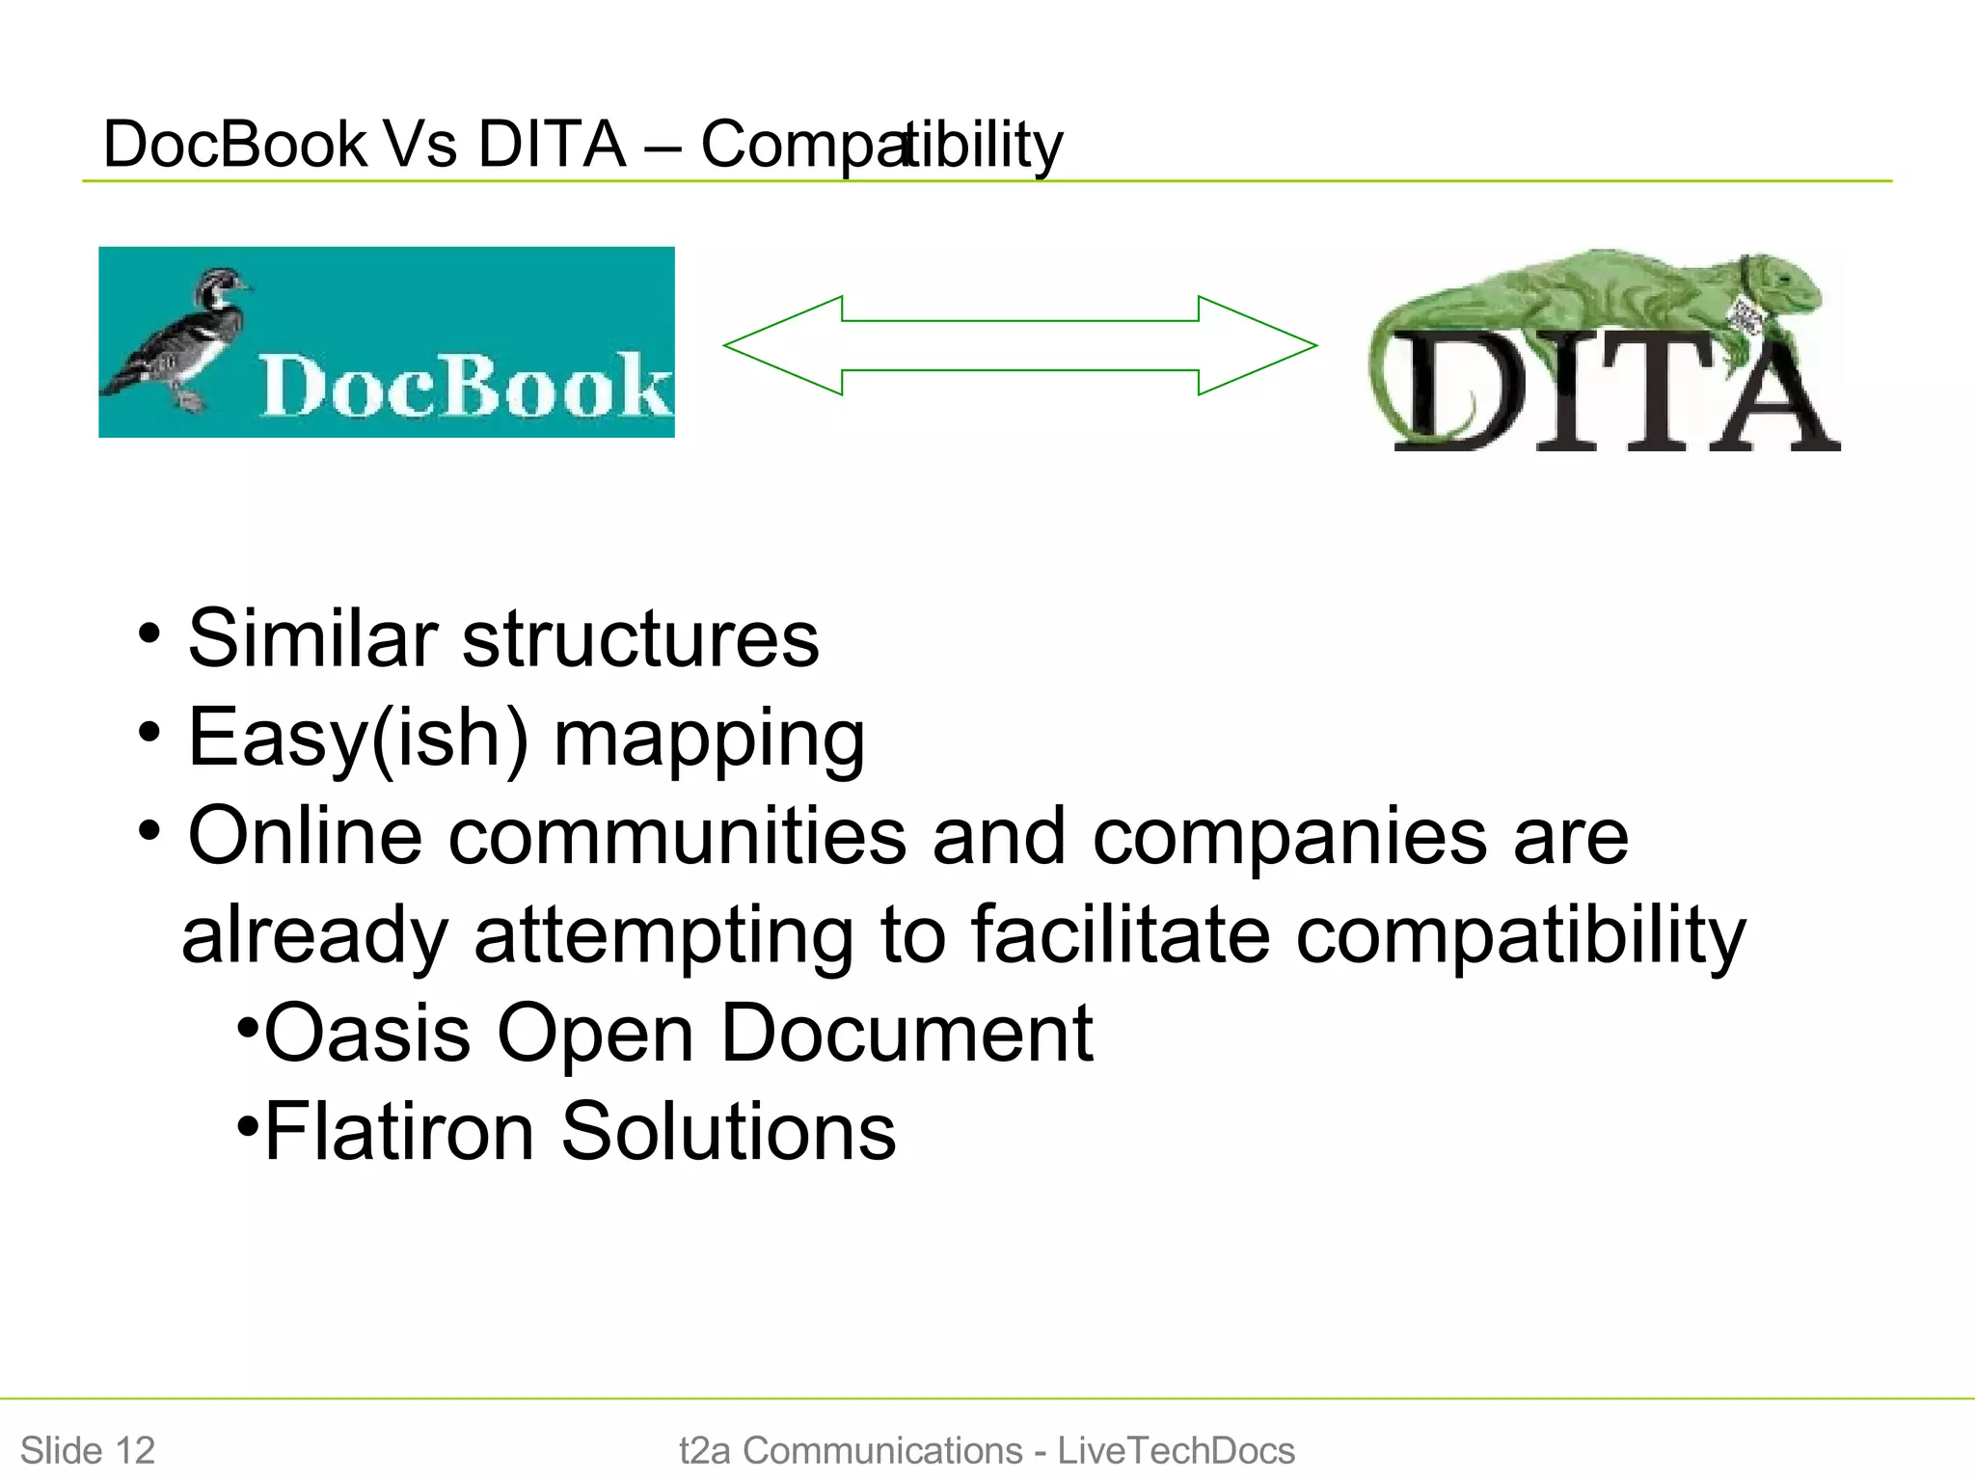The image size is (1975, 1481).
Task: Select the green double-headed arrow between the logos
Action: [x=1020, y=345]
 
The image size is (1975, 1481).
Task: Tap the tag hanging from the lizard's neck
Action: [x=1747, y=316]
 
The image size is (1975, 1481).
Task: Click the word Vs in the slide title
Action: [x=420, y=145]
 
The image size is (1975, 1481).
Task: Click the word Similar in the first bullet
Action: [x=312, y=638]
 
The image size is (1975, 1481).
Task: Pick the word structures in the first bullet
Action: [x=640, y=638]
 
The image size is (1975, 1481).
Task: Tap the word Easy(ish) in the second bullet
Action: [x=358, y=739]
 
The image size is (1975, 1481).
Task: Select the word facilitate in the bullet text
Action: [x=1120, y=934]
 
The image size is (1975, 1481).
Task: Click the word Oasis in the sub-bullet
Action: [x=366, y=1033]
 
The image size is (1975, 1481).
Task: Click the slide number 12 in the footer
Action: [x=135, y=1450]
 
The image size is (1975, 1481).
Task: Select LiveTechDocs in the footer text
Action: [x=1176, y=1450]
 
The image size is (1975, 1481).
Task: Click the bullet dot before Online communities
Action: [x=149, y=830]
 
